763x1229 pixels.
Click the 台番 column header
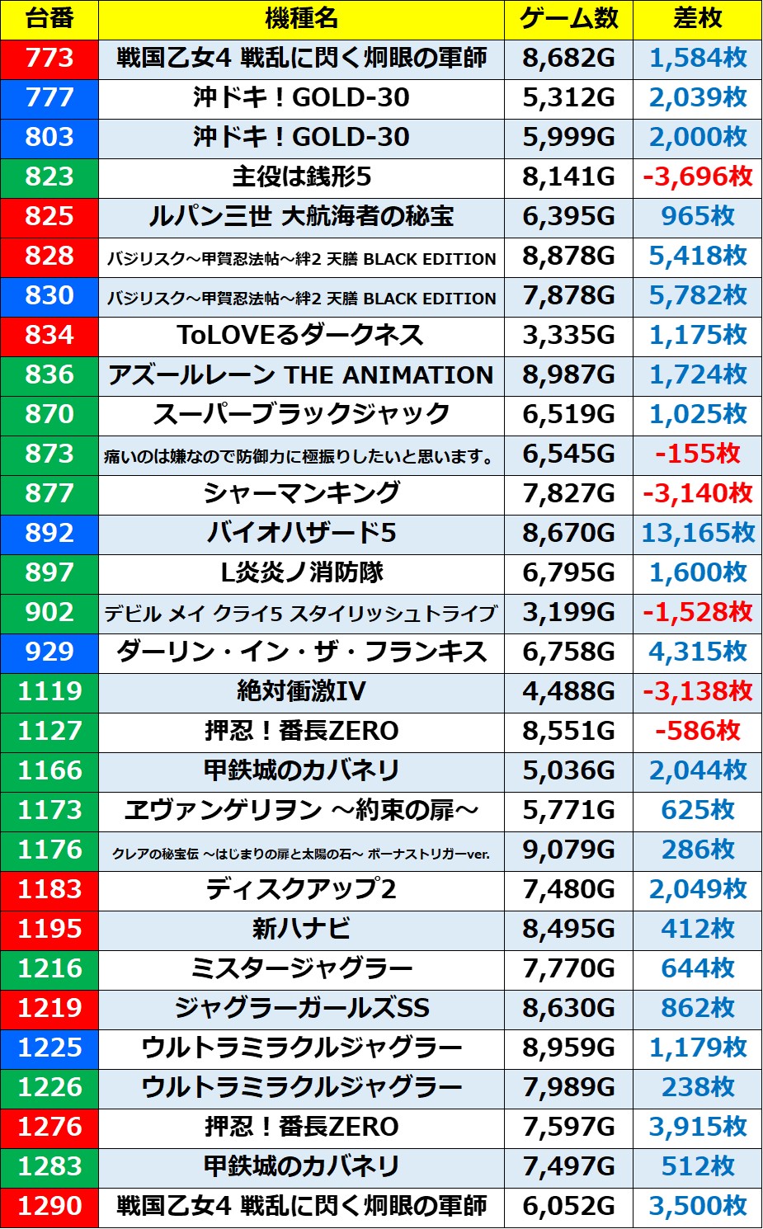(x=49, y=19)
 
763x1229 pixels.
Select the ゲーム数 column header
(x=568, y=19)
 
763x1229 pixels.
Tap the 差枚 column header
(x=697, y=19)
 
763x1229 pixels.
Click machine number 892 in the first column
(x=49, y=534)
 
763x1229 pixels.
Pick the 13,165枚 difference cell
(x=697, y=534)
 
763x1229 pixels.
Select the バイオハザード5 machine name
(x=301, y=534)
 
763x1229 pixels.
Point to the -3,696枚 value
(x=697, y=177)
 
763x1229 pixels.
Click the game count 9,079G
(x=568, y=850)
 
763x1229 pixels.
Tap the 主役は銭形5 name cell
(x=301, y=177)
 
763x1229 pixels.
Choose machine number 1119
(x=49, y=692)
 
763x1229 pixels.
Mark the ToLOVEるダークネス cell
(x=301, y=336)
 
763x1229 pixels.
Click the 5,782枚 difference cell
(x=697, y=296)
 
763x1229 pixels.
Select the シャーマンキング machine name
(x=301, y=494)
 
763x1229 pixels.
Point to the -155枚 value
(x=697, y=454)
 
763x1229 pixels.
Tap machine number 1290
(x=49, y=1207)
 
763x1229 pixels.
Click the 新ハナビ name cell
(x=301, y=930)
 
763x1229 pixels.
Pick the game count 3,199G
(x=568, y=613)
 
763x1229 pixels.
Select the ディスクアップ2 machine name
(x=301, y=890)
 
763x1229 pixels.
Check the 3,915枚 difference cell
(x=697, y=1128)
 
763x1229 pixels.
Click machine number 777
(x=49, y=98)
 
